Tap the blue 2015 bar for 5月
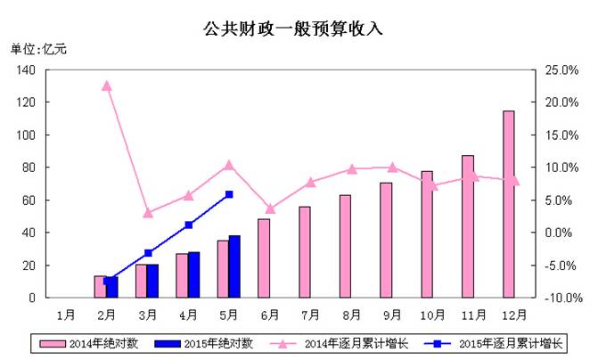(234, 266)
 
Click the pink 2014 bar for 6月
(264, 258)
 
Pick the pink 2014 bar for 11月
(468, 226)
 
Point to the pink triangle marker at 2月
(106, 86)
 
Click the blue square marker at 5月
(229, 193)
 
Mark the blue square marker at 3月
(148, 253)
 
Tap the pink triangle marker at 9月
(392, 167)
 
